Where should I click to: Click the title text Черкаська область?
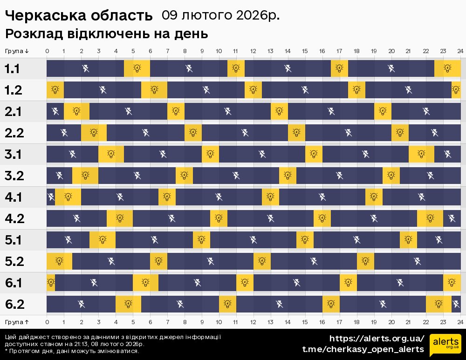click(79, 16)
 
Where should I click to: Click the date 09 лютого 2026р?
click(220, 15)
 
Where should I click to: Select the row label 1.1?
click(12, 69)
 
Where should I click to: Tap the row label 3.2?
click(14, 176)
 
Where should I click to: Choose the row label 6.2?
click(14, 305)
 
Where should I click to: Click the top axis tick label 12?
click(253, 51)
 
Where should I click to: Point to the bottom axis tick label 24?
click(460, 322)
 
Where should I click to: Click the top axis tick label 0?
click(47, 51)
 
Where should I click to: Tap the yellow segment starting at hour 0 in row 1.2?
click(55, 90)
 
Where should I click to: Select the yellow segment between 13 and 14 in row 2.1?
click(279, 111)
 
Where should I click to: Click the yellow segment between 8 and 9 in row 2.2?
click(193, 133)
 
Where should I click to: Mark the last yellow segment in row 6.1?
click(452, 283)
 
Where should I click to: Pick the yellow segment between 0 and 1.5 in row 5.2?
click(59, 261)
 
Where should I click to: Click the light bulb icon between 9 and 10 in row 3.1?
click(210, 154)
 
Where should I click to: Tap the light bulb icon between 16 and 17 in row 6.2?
click(331, 304)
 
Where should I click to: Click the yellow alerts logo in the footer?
click(445, 345)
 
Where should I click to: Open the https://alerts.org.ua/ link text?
click(377, 339)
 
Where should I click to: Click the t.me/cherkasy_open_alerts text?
click(363, 349)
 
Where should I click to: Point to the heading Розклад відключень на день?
click(106, 34)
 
